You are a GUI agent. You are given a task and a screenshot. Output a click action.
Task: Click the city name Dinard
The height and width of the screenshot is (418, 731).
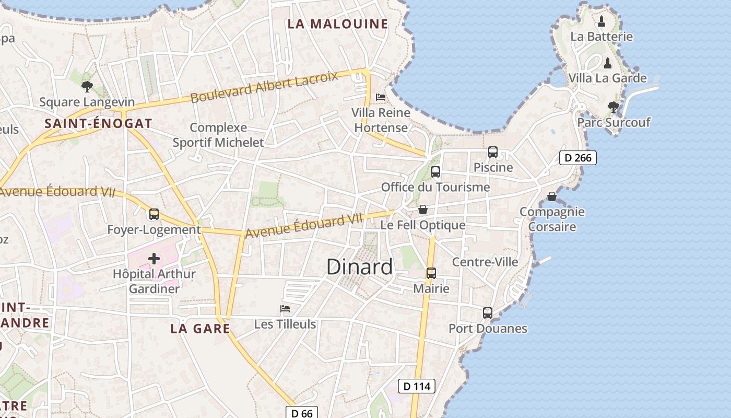click(x=359, y=267)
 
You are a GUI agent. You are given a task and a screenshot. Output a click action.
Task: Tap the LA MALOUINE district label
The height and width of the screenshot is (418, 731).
click(x=338, y=24)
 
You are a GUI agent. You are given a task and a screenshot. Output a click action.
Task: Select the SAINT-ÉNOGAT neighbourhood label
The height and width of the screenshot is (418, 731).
click(x=98, y=124)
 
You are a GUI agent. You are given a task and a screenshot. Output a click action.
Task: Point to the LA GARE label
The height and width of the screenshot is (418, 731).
click(x=200, y=329)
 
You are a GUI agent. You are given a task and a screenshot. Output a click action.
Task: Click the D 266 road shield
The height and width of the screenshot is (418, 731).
click(x=577, y=158)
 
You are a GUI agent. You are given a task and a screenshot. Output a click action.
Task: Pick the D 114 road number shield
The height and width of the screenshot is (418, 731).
click(x=416, y=386)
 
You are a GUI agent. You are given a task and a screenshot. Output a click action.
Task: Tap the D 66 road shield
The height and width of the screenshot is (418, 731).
click(x=302, y=413)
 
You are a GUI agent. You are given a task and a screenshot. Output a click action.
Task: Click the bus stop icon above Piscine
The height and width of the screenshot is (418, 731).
click(x=492, y=152)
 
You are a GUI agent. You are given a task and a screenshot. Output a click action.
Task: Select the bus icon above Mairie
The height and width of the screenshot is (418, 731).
click(x=431, y=273)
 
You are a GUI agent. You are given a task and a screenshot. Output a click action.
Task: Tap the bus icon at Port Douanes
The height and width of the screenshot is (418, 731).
click(x=487, y=313)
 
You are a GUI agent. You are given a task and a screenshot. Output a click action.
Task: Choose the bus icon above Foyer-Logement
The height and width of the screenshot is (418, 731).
click(x=154, y=214)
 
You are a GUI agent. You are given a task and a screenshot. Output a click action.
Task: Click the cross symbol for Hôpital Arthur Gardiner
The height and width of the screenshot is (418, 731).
click(x=154, y=259)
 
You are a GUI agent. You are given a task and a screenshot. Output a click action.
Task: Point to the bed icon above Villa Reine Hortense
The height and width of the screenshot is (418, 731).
click(x=381, y=97)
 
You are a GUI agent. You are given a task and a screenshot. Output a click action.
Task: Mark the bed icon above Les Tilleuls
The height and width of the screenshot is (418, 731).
click(x=285, y=309)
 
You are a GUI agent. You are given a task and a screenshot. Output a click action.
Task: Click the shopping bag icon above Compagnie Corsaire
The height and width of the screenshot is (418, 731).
click(x=551, y=196)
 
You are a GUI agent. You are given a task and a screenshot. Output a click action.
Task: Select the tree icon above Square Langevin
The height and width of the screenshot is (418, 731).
click(x=87, y=87)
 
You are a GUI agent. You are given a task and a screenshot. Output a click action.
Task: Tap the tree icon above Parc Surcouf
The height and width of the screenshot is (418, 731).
click(x=614, y=107)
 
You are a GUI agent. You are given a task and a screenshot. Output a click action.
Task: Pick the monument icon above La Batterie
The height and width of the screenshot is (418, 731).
click(x=602, y=21)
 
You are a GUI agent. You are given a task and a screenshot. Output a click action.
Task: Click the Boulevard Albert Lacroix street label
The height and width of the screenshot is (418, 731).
click(x=264, y=87)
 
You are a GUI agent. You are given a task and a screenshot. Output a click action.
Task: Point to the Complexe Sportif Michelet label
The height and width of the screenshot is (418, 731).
click(x=218, y=135)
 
